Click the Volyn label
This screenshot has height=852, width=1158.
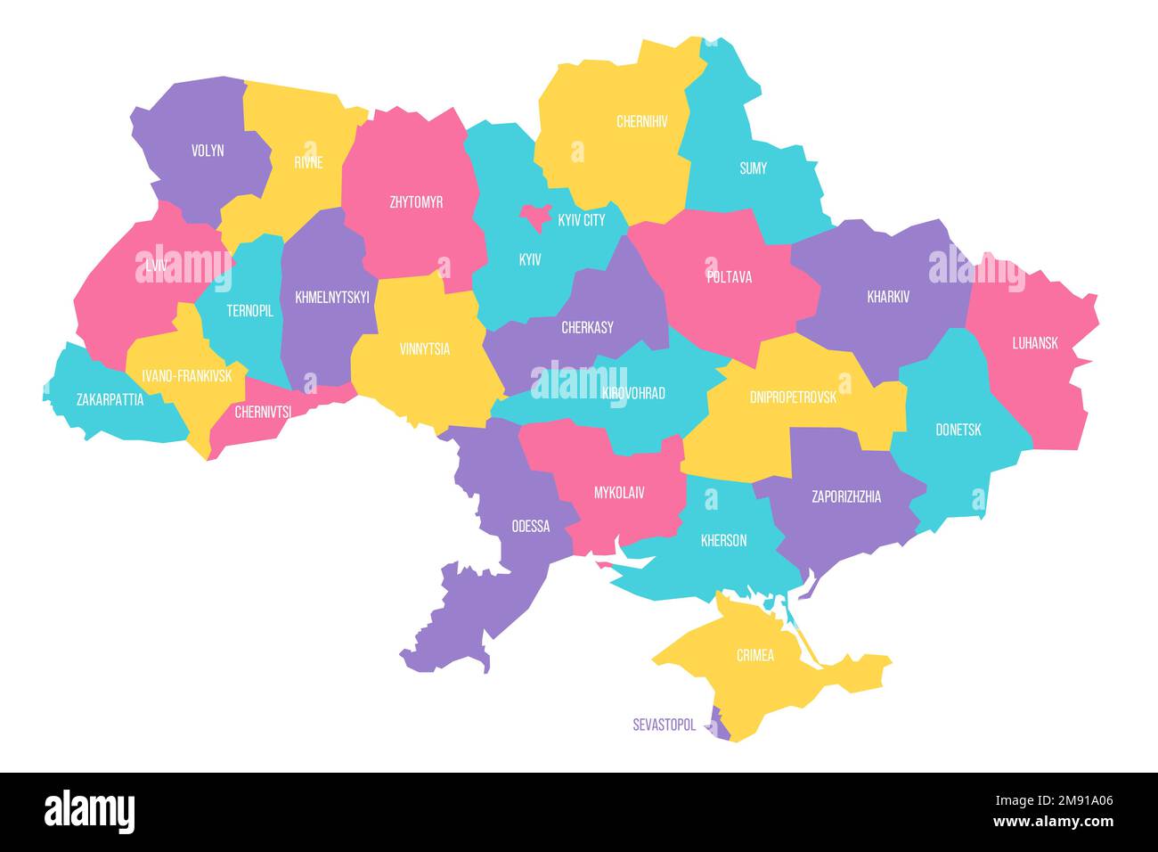(208, 151)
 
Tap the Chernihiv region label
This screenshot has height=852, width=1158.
(641, 121)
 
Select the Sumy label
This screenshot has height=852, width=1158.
(753, 168)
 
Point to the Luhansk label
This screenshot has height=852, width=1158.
(1034, 342)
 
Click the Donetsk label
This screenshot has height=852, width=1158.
(958, 430)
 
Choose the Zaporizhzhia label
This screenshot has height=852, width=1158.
(845, 496)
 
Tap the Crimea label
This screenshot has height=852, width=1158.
(754, 655)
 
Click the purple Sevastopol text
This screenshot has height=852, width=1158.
(664, 725)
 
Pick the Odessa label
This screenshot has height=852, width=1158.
(530, 526)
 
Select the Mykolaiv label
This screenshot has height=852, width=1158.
(619, 492)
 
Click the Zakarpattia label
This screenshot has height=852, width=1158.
(110, 399)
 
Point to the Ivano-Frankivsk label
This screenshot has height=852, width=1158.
(180, 376)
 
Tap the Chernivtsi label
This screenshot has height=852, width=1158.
(263, 412)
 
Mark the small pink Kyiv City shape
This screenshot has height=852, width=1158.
(536, 215)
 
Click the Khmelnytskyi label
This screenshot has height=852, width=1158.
(331, 298)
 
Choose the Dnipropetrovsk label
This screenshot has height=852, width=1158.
(793, 397)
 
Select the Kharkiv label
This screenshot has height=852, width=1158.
(888, 297)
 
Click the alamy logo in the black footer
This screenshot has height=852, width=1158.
(89, 812)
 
